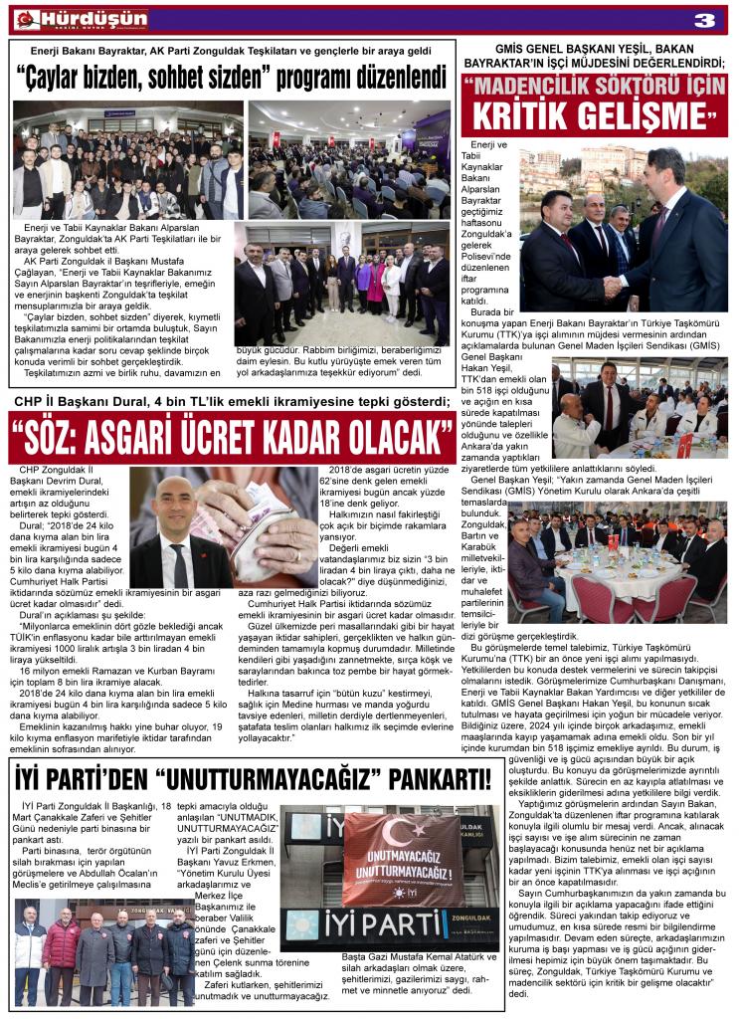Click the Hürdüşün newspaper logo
[80, 19]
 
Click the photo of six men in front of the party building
[105, 950]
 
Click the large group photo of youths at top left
[128, 159]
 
